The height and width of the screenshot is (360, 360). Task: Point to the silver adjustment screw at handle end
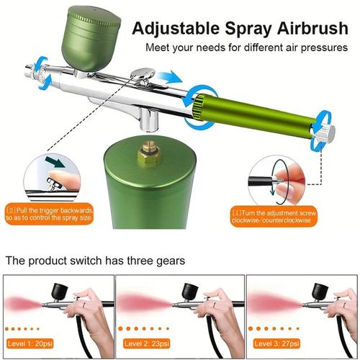pyautogui.click(x=328, y=133)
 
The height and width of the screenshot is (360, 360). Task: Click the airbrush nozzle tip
pyautogui.click(x=28, y=70)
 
